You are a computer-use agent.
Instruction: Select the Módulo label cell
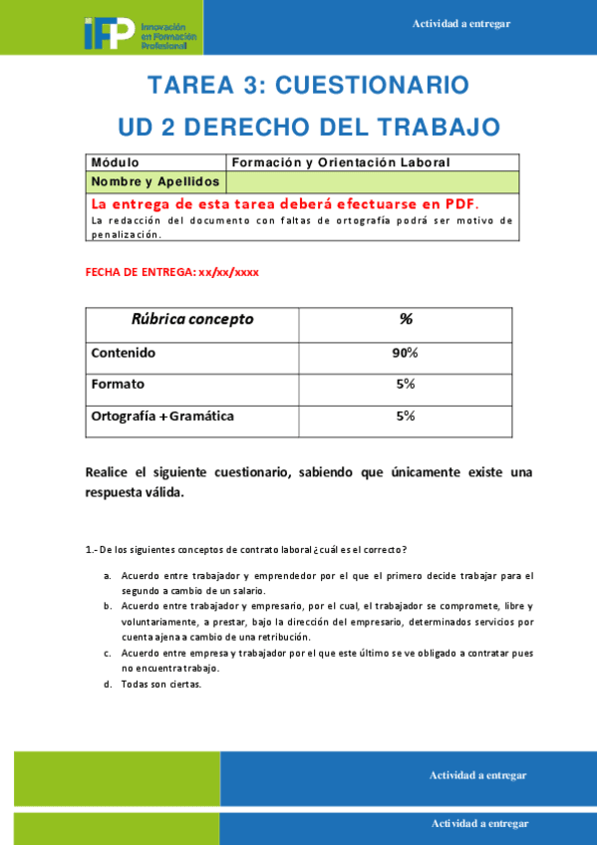[x=116, y=162]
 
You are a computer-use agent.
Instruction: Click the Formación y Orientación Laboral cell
[x=341, y=162]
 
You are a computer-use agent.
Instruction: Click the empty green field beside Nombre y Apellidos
[x=373, y=181]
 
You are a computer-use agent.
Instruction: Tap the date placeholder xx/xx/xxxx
[x=228, y=271]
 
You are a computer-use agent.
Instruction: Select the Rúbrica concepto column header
[x=192, y=320]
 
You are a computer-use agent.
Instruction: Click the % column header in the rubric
[x=406, y=320]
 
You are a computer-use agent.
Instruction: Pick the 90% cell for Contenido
[x=405, y=353]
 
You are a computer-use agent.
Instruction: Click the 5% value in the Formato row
[x=405, y=384]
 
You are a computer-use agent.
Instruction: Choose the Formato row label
[x=118, y=384]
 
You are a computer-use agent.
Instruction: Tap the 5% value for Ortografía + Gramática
[x=405, y=416]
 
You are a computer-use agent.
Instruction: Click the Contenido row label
[x=124, y=353]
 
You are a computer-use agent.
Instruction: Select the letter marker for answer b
[x=108, y=606]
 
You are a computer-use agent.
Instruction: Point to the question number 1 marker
[x=91, y=549]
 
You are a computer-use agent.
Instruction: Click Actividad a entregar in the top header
[x=460, y=24]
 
